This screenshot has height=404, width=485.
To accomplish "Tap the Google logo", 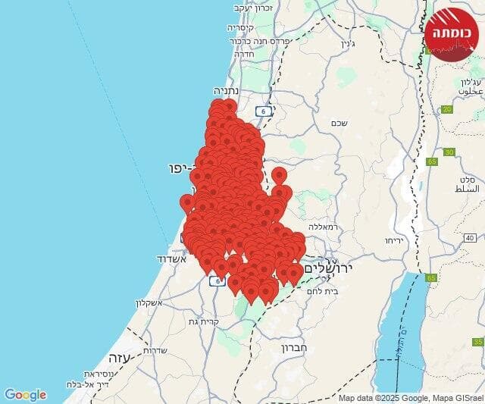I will [x=25, y=395].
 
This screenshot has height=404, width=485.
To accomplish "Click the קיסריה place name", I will [x=242, y=27].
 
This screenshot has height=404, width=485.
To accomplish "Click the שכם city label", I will [x=339, y=123].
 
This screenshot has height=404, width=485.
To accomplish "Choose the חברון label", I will [x=292, y=349].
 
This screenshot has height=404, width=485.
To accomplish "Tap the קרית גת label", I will [x=204, y=321].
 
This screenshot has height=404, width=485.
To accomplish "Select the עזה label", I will [x=118, y=356].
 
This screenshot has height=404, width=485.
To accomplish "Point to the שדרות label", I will [x=155, y=349].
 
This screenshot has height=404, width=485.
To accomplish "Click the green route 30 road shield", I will [x=449, y=152].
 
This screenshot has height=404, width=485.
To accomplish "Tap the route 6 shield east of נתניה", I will [x=263, y=111].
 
